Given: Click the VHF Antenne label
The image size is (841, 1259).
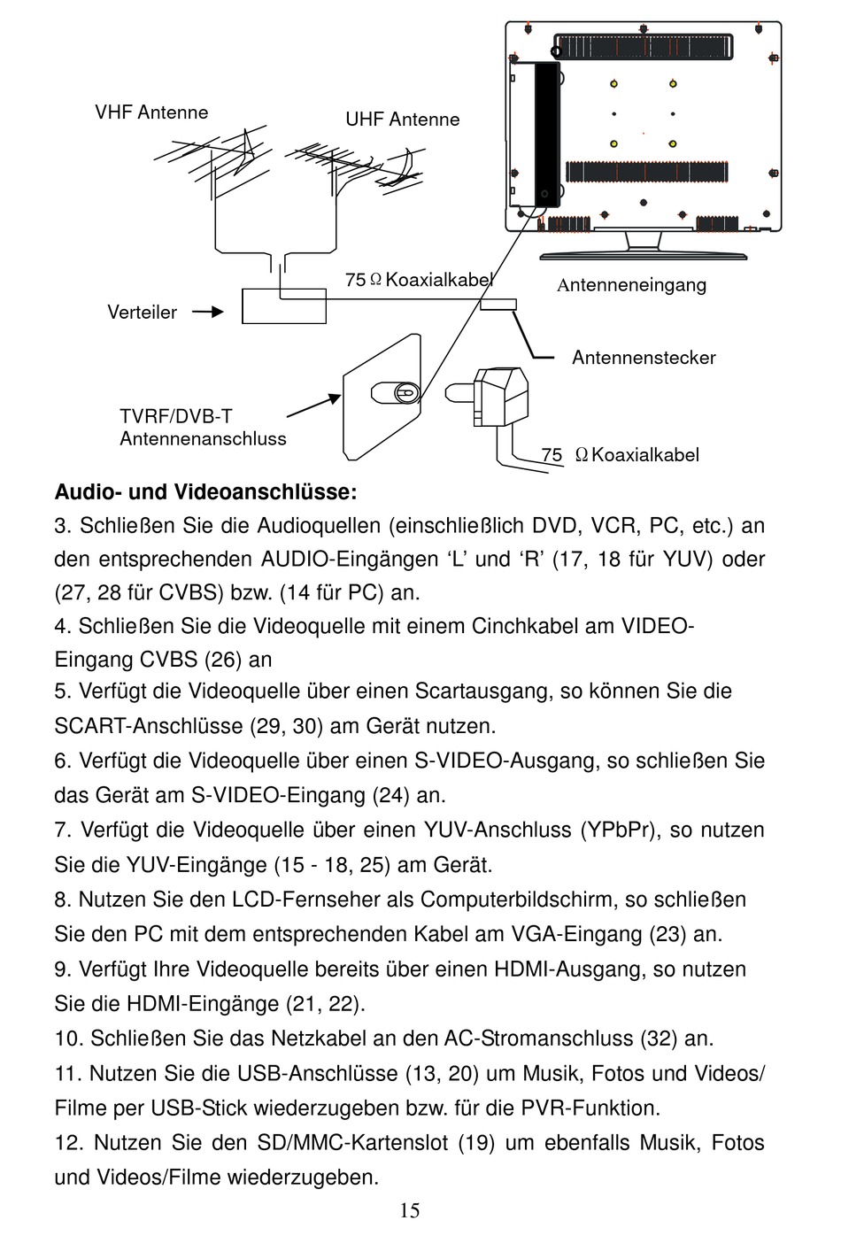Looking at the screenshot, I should pos(151,112).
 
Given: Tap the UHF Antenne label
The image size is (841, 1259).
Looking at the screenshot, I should pos(403,120).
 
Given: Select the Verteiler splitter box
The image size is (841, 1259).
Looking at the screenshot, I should pos(284,306).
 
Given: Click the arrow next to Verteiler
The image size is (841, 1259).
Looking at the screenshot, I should pos(207,313).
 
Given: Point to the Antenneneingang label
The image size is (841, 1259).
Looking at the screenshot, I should pos(632,285).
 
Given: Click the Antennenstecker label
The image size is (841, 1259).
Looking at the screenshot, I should pos(644,358).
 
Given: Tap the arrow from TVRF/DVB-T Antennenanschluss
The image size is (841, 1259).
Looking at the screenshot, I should pos(314,406).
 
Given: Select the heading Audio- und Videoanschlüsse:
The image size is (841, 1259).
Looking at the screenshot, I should pos(206,492).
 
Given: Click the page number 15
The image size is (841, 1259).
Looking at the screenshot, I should pos(410,1211).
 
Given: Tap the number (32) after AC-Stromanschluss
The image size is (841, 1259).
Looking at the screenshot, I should pos(660,1039).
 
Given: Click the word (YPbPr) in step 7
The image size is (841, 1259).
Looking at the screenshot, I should pos(618,830).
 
